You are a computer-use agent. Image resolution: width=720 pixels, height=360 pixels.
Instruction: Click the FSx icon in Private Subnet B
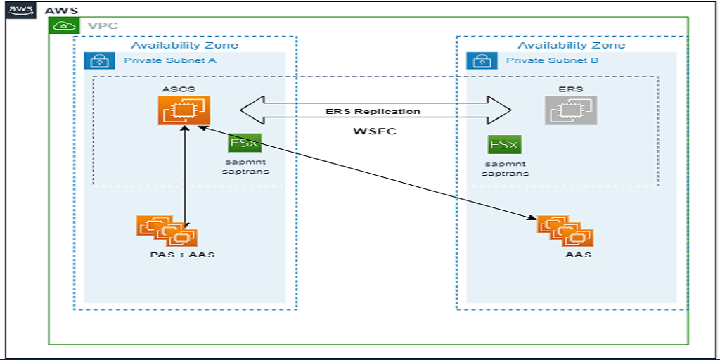coord(503,144)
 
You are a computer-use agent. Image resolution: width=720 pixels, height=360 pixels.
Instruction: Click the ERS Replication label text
coord(373,111)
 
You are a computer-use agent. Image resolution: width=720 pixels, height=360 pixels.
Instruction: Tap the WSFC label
coord(373,131)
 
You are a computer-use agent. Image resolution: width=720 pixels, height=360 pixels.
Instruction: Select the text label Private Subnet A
coord(169,60)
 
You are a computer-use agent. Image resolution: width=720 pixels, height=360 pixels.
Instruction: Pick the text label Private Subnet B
coord(552,60)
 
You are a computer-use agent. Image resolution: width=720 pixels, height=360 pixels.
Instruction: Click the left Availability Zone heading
coord(184,45)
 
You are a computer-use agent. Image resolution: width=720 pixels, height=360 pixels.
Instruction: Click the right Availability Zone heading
coord(571,45)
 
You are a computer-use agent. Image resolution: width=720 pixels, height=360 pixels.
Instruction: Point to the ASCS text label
coord(177,89)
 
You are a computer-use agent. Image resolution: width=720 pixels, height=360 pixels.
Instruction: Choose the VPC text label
coord(103,26)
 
